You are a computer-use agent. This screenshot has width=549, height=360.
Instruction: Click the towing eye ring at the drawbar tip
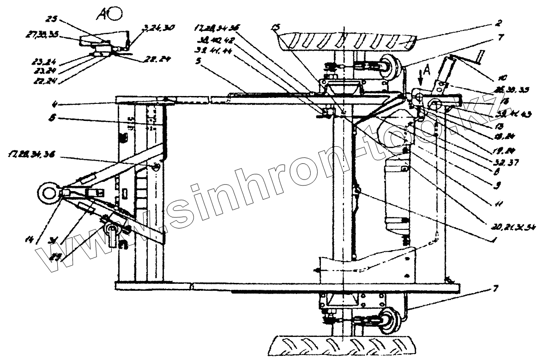tap(48, 191)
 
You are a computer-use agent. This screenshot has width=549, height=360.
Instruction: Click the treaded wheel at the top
tap(346, 42)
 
